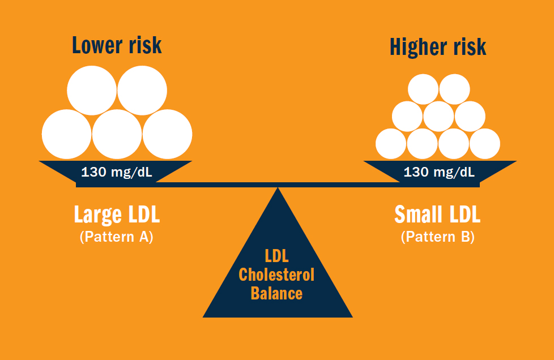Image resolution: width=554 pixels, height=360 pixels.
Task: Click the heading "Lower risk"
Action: click(x=116, y=45)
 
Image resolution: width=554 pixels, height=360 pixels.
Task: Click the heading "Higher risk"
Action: click(x=437, y=48)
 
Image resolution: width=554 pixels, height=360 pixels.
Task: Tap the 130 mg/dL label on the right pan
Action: click(x=439, y=172)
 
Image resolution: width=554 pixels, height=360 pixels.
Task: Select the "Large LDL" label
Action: click(x=117, y=215)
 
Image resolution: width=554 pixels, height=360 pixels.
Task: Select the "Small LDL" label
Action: click(x=437, y=215)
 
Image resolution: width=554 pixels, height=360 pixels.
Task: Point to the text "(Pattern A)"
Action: click(x=117, y=237)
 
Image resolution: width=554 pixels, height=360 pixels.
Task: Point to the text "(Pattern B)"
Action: click(x=437, y=237)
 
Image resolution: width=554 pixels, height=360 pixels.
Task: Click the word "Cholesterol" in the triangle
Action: click(x=276, y=275)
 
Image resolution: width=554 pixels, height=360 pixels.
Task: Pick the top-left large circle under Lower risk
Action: click(x=92, y=90)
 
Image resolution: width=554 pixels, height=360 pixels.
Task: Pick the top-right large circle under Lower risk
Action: click(x=142, y=90)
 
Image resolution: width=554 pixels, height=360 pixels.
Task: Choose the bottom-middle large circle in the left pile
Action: click(x=117, y=134)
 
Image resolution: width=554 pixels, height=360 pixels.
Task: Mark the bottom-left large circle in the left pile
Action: click(x=66, y=134)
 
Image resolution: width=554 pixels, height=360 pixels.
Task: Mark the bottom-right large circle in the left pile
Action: click(x=167, y=134)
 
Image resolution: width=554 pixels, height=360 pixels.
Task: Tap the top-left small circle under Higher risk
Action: click(x=423, y=89)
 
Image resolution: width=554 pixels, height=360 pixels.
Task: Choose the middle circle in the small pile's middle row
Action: click(x=438, y=116)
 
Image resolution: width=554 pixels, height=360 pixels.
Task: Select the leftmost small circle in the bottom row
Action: click(x=391, y=144)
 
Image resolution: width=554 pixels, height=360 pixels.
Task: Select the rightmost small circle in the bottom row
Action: click(x=485, y=144)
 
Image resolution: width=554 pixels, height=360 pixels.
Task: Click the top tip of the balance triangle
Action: click(x=278, y=189)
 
